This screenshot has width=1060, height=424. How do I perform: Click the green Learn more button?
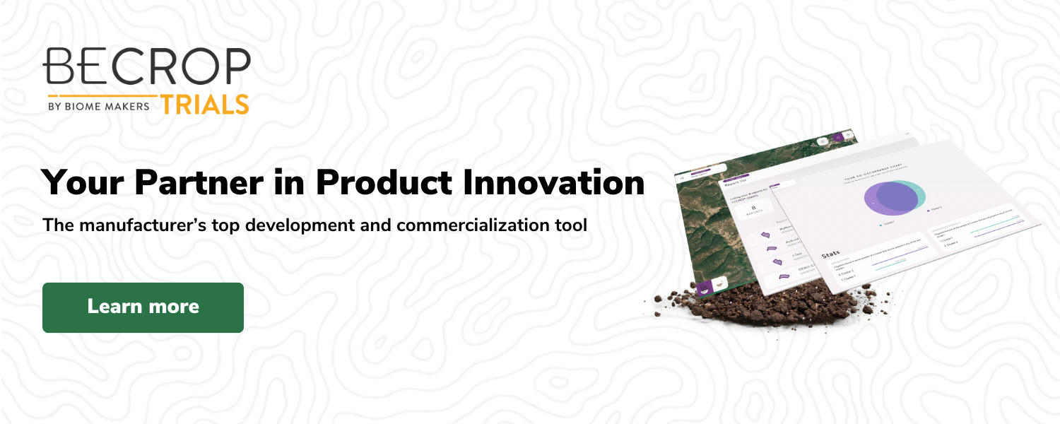tap(143, 307)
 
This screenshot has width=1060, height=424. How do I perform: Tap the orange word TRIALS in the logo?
tap(204, 105)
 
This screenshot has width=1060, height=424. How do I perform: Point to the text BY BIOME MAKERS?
tap(98, 106)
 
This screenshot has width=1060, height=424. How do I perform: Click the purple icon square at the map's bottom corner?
tap(705, 288)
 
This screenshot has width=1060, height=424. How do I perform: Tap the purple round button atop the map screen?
tap(838, 137)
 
